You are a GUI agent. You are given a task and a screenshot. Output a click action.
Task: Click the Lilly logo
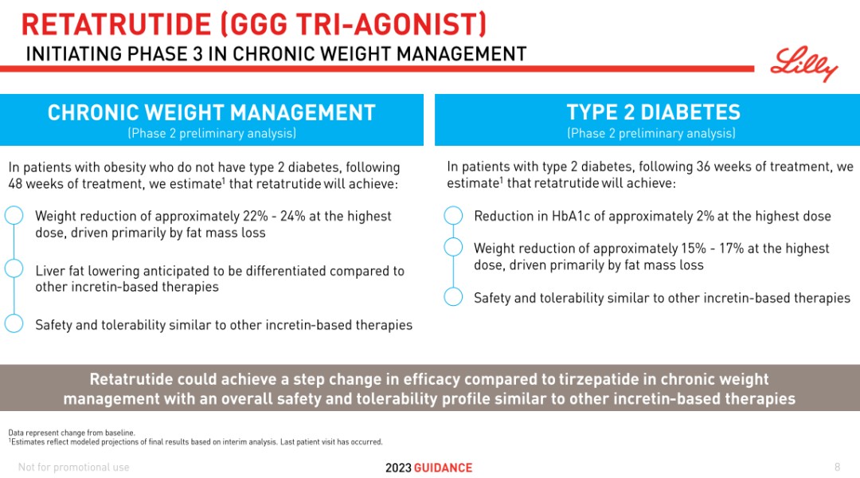point(804,64)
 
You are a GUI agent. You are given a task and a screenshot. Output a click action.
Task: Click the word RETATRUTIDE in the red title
point(115,25)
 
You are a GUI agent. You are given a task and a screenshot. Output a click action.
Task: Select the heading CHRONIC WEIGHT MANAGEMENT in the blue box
point(211,112)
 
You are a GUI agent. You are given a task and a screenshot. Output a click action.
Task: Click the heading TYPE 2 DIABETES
point(653,112)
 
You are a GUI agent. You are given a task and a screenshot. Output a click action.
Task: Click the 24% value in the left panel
point(292,216)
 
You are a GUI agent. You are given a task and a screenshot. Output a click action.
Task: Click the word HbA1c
point(571,216)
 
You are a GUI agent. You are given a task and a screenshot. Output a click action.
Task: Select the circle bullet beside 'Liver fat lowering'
point(14,269)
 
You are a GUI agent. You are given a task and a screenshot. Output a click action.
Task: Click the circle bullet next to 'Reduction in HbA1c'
point(453,215)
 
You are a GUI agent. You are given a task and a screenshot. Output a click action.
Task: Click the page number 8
point(837,467)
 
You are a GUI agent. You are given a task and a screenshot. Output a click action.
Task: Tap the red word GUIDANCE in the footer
point(444,468)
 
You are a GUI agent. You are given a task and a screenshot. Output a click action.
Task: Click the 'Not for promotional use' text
point(73,467)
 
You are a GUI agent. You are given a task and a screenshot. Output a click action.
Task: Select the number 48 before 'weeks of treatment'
point(15,184)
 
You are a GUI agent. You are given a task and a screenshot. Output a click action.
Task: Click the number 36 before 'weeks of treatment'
point(704,167)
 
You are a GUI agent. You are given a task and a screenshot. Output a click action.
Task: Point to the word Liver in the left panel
point(49,271)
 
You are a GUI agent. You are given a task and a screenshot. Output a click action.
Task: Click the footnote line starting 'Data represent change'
point(72,433)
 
